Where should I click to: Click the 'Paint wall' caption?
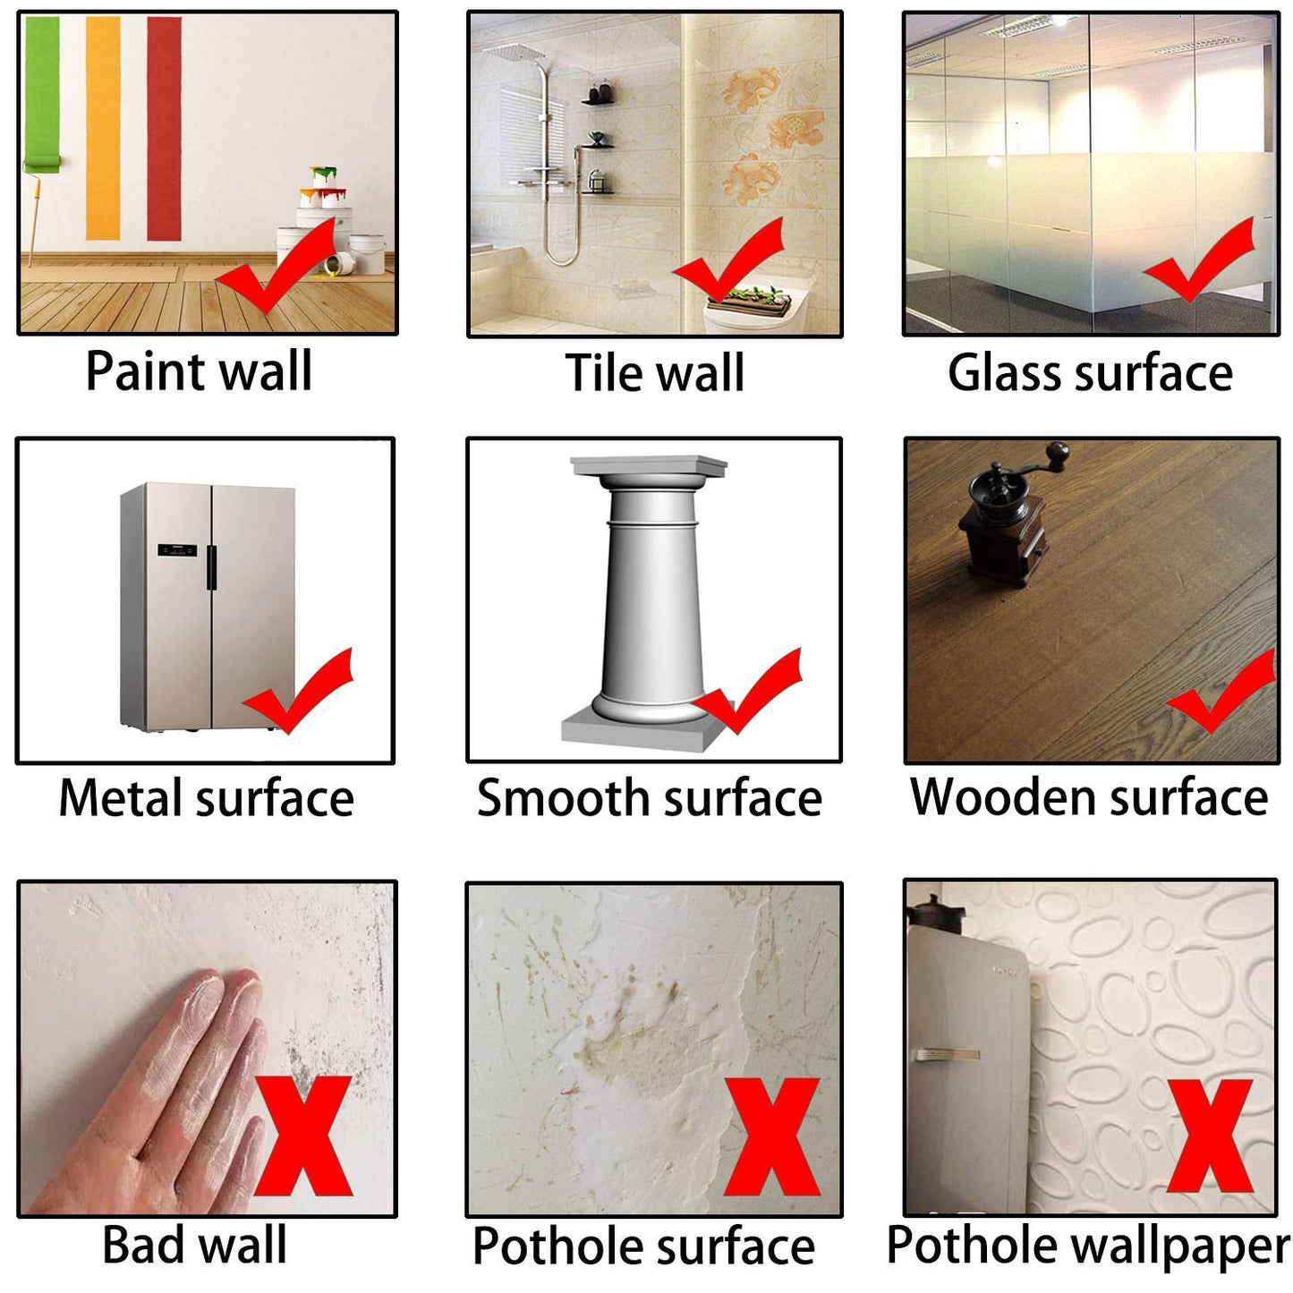coord(199,371)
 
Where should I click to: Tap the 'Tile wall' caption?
coord(655,373)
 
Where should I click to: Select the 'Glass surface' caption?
coord(1090,372)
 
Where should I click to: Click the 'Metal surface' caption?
coord(206,798)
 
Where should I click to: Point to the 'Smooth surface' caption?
coord(650,798)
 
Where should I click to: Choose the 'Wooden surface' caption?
coord(1089,796)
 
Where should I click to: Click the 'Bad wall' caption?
coord(195,1245)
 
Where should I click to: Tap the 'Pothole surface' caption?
coord(643,1246)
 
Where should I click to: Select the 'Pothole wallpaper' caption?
coord(1088,1245)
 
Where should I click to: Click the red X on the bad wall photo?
coord(304,1136)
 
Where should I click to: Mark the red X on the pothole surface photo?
coord(772,1136)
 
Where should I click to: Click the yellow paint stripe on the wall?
coord(103,128)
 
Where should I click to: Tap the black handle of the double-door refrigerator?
coord(211,567)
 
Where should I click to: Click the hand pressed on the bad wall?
coord(170,1092)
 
